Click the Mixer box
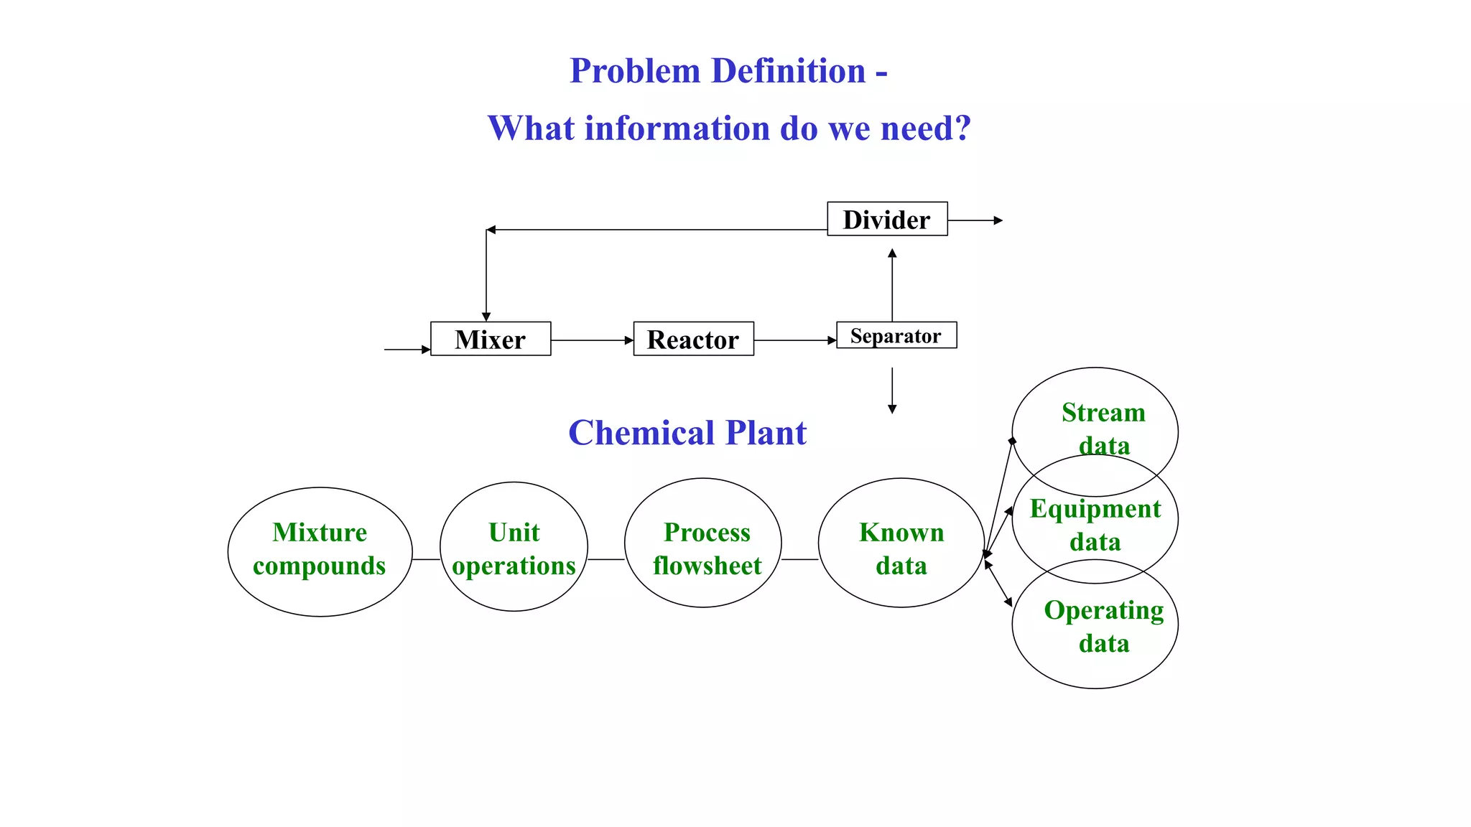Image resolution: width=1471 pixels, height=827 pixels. [x=491, y=339]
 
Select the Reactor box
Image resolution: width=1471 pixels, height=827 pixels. [x=693, y=339]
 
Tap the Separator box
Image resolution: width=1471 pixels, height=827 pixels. [x=896, y=335]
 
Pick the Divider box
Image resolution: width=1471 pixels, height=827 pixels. [x=886, y=219]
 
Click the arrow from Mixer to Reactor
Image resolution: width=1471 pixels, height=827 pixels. [x=592, y=340]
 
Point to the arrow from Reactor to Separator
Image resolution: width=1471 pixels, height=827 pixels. [x=795, y=340]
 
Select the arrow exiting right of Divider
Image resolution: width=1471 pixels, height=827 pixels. [x=975, y=220]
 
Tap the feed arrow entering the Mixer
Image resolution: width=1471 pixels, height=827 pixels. [x=407, y=350]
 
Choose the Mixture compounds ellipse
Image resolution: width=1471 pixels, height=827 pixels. [x=320, y=551]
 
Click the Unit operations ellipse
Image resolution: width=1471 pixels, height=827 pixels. [x=514, y=547]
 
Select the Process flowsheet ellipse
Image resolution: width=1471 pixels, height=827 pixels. [x=703, y=543]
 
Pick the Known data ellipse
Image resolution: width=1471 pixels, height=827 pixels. [x=901, y=543]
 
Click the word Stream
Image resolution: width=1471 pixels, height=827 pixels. [x=1103, y=413]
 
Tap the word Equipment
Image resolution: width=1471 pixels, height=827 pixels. [x=1095, y=509]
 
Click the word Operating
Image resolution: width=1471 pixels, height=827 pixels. [x=1103, y=610]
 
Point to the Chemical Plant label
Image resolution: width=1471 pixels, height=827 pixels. [x=687, y=433]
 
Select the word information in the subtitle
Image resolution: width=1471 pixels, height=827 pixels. [x=677, y=129]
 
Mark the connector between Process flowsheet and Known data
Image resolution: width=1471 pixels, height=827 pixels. [x=799, y=559]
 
